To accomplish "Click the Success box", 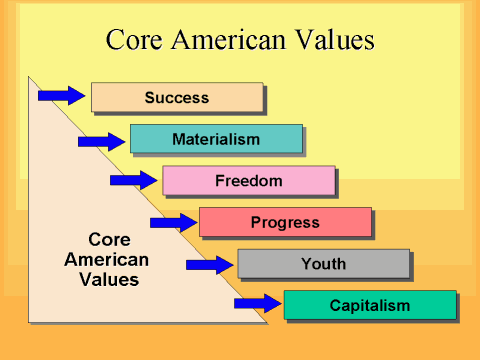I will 177,97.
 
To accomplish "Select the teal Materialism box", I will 215,139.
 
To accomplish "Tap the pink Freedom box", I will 248,181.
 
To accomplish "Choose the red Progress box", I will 285,222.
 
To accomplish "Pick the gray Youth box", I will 323,264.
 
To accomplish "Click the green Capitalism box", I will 369,305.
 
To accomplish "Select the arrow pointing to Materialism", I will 102,141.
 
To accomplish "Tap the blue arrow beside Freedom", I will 134,180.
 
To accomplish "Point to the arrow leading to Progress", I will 173,221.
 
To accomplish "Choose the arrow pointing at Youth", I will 210,265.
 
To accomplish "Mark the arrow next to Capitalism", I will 257,303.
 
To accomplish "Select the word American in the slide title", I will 237,41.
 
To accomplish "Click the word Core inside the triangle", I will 110,240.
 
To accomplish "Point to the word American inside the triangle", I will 107,259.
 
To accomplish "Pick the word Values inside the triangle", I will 109,279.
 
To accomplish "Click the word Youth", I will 323,264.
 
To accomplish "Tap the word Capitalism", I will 369,305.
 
